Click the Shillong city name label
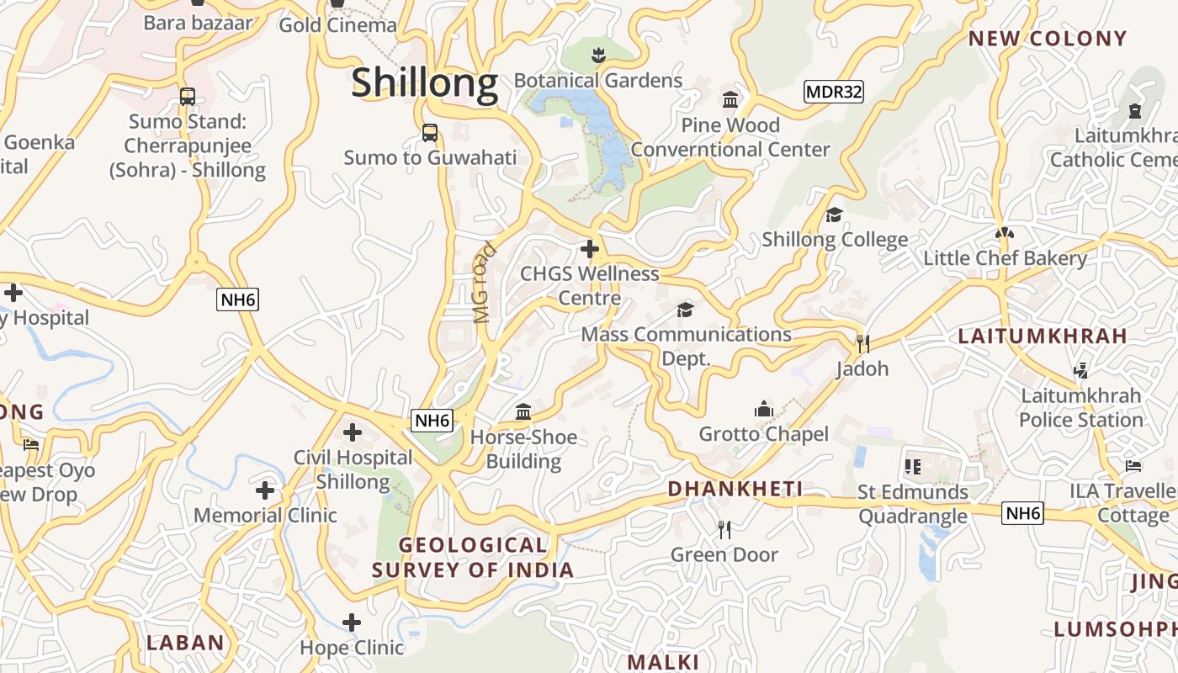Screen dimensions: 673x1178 [x=424, y=83]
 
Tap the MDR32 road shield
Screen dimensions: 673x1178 [x=833, y=92]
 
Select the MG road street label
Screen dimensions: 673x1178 [x=483, y=284]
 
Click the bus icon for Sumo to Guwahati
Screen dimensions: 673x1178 [x=429, y=133]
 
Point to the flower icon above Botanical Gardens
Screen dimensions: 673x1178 [x=597, y=56]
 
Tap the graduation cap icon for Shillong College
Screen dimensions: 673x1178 [x=834, y=215]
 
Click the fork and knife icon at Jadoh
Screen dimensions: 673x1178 [x=862, y=343]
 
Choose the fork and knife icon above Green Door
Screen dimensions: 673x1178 [x=724, y=529]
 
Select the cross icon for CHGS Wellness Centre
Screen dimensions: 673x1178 [x=589, y=249]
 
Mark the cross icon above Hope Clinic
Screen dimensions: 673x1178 [x=352, y=623]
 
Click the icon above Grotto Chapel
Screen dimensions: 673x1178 [x=763, y=410]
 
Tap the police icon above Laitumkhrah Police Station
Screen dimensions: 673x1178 [x=1080, y=370]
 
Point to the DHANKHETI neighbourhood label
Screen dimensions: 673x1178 [x=735, y=489]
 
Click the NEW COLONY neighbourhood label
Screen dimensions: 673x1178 [x=1047, y=38]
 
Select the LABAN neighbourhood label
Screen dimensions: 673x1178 [x=185, y=643]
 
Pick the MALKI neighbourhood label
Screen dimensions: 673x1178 [x=663, y=661]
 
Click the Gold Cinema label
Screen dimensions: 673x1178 [x=337, y=24]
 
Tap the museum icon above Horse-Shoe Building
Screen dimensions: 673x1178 [x=523, y=412]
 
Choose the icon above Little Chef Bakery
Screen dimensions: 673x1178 [x=1004, y=233]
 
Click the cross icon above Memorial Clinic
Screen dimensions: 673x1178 [x=265, y=490]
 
